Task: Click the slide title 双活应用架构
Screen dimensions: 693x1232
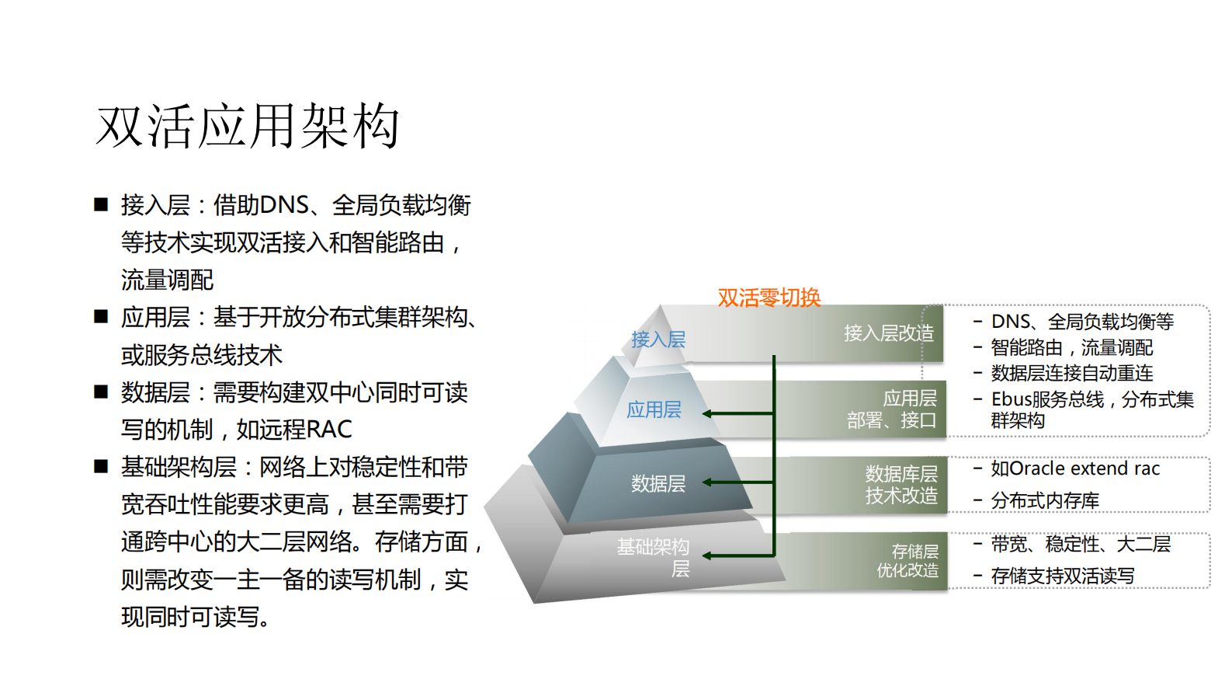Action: click(248, 126)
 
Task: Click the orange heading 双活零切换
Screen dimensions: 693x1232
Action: click(769, 298)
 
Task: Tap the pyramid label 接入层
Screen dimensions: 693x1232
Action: click(658, 340)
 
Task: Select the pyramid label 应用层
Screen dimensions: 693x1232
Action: click(654, 409)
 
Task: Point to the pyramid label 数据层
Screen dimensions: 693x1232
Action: click(658, 484)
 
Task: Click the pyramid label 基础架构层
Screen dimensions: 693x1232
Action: click(653, 557)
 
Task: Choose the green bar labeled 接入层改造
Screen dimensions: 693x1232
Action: click(888, 333)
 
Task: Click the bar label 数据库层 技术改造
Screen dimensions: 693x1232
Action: click(901, 485)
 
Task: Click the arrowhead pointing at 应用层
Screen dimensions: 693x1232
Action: click(708, 413)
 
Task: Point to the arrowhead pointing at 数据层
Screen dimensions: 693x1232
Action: click(708, 482)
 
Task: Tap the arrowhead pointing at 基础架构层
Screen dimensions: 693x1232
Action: click(708, 555)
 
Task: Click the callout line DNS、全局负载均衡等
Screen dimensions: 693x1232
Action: click(1081, 322)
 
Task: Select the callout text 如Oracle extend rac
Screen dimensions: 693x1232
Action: click(1074, 468)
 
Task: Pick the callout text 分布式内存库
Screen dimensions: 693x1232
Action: click(1044, 501)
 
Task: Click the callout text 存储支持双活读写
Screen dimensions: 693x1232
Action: click(1062, 576)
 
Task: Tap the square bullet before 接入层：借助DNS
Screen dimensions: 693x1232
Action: click(101, 205)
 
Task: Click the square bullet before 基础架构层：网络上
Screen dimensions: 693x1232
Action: click(101, 467)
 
